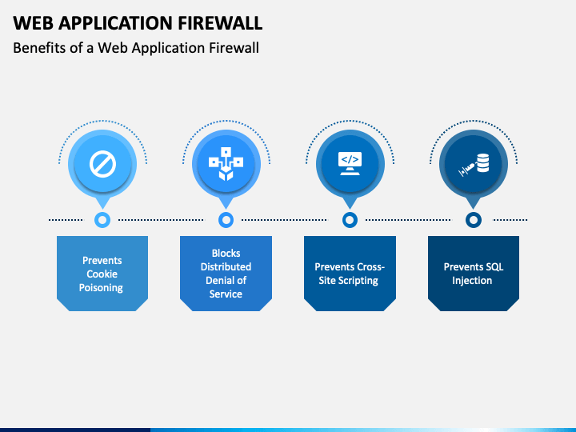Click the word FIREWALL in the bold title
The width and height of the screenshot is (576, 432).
click(x=220, y=22)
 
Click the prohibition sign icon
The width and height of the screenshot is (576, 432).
click(x=103, y=164)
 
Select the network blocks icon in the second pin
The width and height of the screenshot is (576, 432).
click(x=226, y=164)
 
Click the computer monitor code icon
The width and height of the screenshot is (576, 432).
click(x=350, y=163)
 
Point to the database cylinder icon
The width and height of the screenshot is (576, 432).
click(x=482, y=163)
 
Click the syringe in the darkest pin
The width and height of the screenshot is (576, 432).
click(x=467, y=170)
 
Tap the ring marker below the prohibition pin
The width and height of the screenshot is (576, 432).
click(x=102, y=220)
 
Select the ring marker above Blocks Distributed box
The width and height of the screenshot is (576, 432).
click(x=226, y=220)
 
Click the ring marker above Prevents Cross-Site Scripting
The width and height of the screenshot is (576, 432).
click(x=350, y=220)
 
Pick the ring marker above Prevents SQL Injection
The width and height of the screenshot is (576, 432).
click(x=474, y=220)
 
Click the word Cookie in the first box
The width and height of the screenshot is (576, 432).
click(x=102, y=274)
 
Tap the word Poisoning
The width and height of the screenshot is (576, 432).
click(x=101, y=288)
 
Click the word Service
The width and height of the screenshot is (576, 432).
click(x=226, y=294)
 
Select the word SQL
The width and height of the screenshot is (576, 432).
click(x=494, y=267)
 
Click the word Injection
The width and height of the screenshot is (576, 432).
click(x=472, y=281)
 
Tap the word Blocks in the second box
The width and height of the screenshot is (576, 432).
click(x=226, y=254)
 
